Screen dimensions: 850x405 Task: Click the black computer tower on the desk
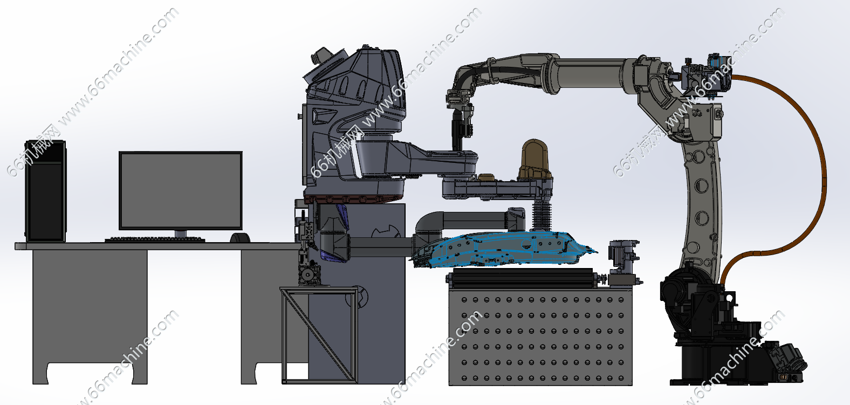coord(45,191)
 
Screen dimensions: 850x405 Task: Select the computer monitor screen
coord(181,190)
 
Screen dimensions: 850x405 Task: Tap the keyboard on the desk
coord(155,239)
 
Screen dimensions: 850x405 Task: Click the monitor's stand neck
coord(181,234)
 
